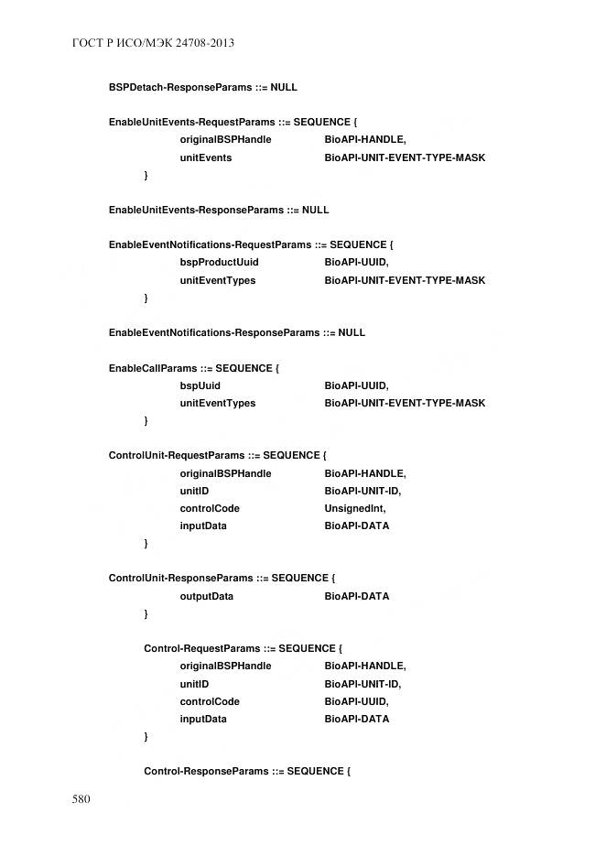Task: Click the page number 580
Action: click(81, 799)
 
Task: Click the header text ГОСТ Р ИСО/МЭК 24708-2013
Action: click(146, 43)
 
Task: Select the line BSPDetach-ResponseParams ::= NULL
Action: click(202, 87)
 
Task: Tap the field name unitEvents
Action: click(205, 157)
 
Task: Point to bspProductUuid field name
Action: click(219, 263)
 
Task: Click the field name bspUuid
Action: click(200, 385)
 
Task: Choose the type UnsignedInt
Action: click(355, 508)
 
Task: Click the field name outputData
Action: click(206, 596)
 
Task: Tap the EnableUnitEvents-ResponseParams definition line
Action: click(218, 210)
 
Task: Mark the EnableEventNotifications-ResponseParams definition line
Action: click(236, 332)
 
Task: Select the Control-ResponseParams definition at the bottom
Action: click(247, 772)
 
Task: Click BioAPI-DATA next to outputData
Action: click(356, 596)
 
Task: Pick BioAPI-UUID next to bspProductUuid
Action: click(356, 263)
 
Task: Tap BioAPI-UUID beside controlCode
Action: click(356, 701)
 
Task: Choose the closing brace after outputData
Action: click(146, 613)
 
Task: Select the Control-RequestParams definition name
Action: click(202, 648)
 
